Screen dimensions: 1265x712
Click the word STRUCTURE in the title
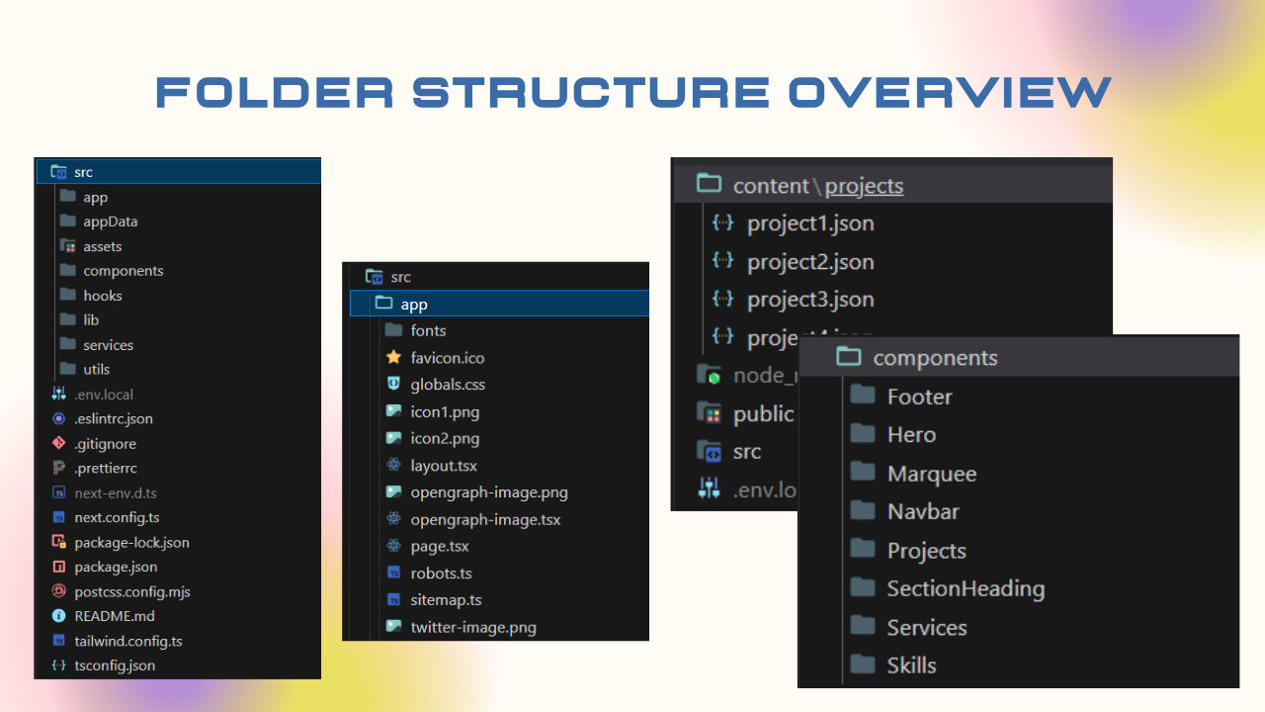coord(591,93)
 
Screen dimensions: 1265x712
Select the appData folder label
coord(110,222)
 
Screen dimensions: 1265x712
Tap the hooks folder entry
coord(102,296)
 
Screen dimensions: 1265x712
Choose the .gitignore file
coord(105,444)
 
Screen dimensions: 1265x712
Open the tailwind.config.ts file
coord(127,641)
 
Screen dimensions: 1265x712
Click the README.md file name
coord(114,616)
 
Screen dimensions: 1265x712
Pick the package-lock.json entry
coord(131,542)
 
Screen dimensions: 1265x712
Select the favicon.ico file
coord(447,358)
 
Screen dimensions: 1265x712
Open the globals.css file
coord(448,385)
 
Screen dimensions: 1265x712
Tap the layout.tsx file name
coord(444,466)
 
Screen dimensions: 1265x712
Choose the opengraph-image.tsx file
coord(485,519)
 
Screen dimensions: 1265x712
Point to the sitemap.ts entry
coord(446,599)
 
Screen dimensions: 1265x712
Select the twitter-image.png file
coord(473,627)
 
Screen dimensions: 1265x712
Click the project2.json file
coord(810,262)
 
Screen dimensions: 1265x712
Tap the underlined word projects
coord(864,186)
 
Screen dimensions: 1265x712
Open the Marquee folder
coord(931,474)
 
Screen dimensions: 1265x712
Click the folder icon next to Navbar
coord(863,511)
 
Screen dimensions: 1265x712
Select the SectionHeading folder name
coord(965,588)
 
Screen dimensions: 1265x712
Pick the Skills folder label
coord(911,666)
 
